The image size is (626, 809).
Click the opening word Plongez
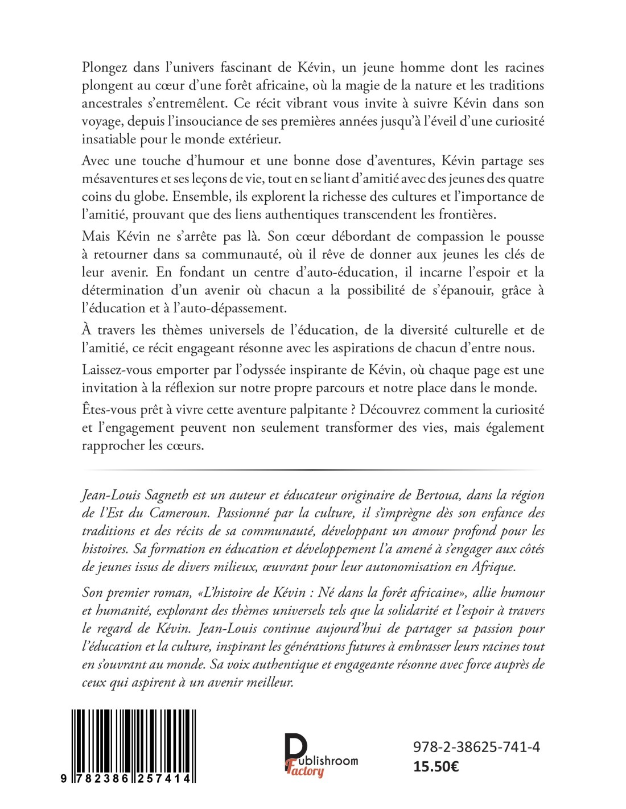coord(105,68)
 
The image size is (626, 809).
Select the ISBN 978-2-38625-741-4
coord(476,747)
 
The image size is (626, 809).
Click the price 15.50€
coord(436,766)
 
